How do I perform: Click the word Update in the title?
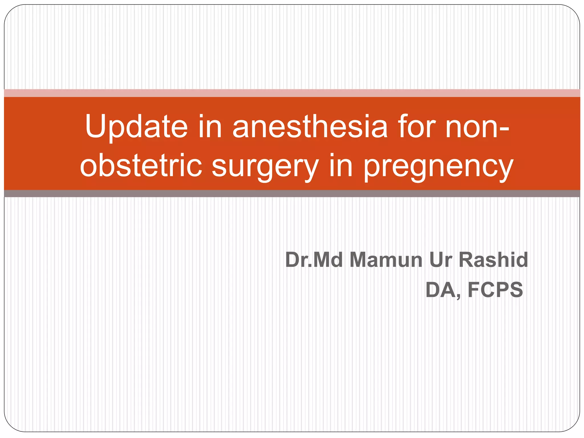[x=136, y=127]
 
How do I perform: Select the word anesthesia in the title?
[x=310, y=127]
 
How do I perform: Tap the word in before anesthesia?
[x=210, y=127]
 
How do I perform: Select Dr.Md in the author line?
[x=314, y=260]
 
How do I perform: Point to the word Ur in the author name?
[x=441, y=260]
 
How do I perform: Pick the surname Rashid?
[x=493, y=260]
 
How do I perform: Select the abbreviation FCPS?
[x=495, y=290]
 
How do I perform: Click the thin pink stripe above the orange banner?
[x=292, y=93]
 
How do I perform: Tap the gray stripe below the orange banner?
[x=292, y=194]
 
